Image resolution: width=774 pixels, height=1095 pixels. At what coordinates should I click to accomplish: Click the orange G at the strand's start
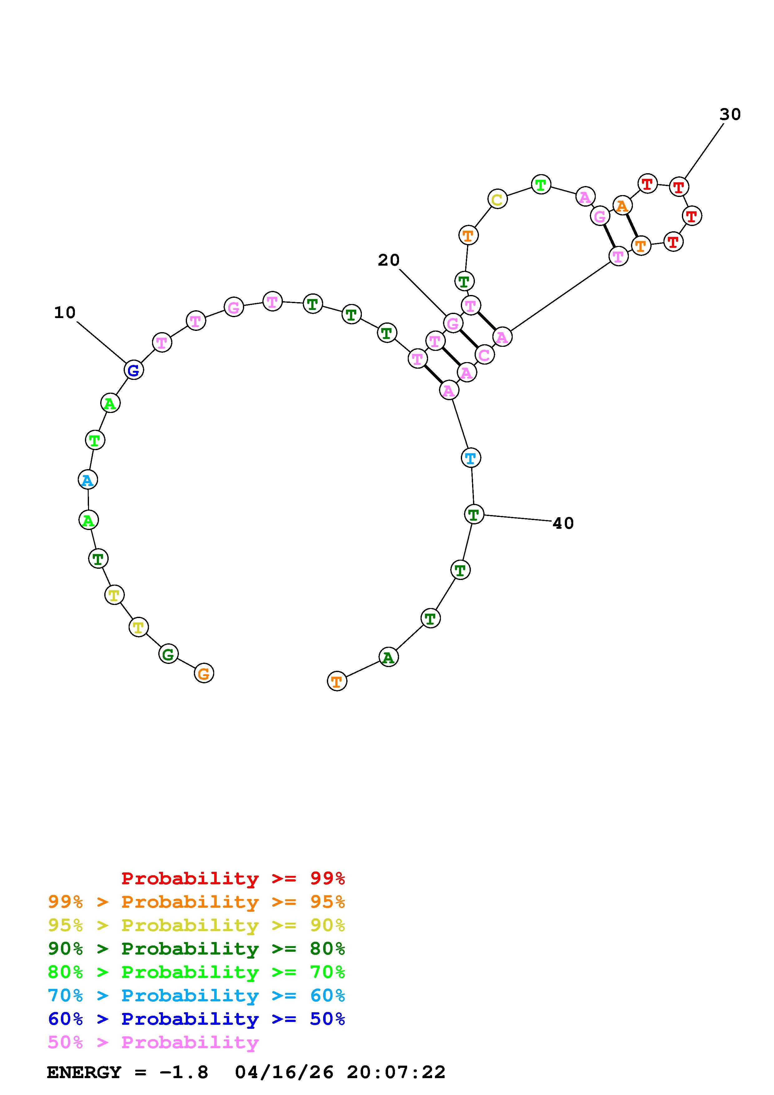click(204, 673)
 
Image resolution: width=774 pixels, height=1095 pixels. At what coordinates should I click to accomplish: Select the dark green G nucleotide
click(168, 654)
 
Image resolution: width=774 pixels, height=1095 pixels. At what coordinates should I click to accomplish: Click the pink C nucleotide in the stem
click(485, 354)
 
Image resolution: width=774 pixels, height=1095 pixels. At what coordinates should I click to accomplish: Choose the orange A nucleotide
click(622, 206)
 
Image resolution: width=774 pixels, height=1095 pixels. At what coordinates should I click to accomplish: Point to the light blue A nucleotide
click(88, 479)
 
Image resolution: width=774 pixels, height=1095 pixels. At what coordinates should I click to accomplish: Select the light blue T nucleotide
click(471, 458)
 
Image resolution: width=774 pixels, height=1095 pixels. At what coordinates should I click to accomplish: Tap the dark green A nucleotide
click(389, 657)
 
